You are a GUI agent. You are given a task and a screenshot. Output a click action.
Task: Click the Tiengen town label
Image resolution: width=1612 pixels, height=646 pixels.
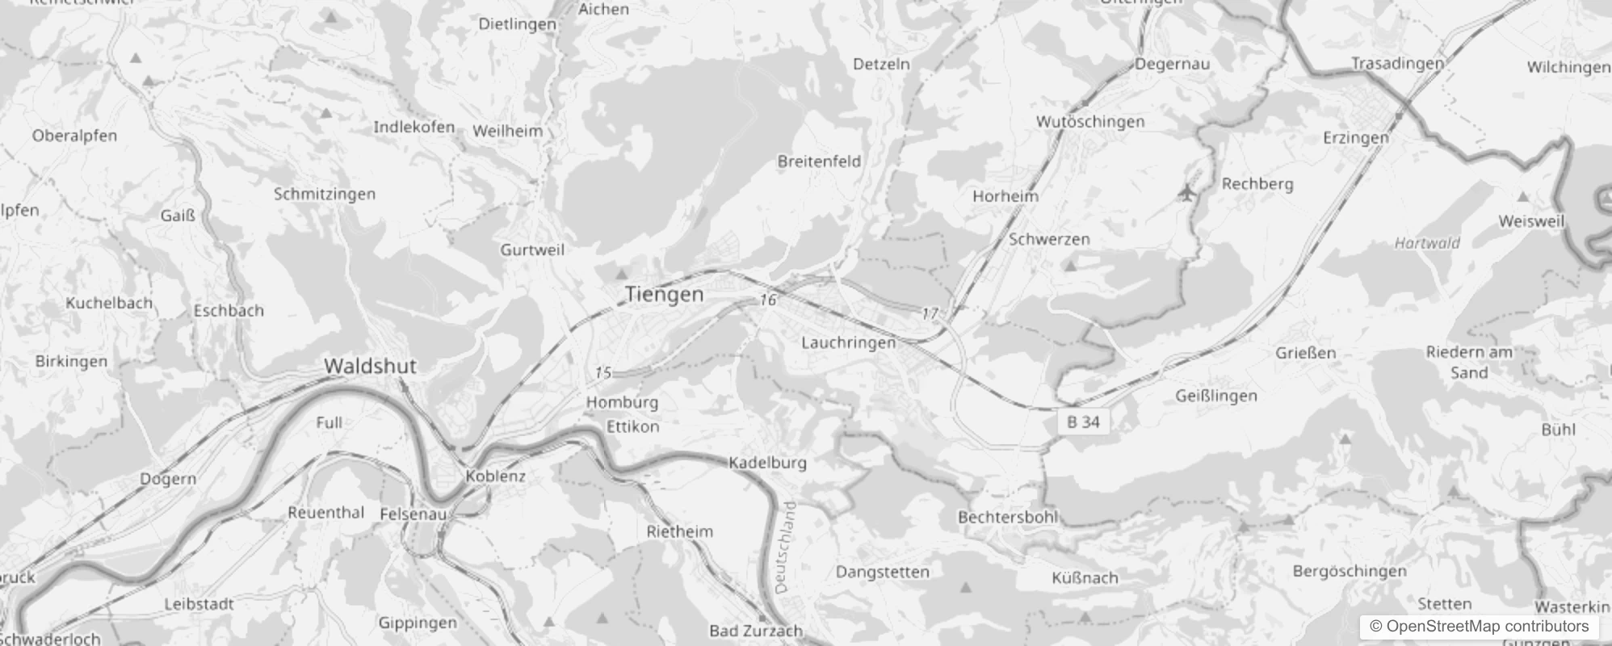pyautogui.click(x=664, y=295)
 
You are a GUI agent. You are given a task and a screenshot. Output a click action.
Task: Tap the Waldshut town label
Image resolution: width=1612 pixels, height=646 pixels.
pyautogui.click(x=370, y=366)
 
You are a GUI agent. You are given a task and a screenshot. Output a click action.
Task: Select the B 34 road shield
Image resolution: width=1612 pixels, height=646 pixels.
pyautogui.click(x=1083, y=422)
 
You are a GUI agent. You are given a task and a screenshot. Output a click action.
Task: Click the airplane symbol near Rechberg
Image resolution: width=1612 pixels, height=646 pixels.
pyautogui.click(x=1186, y=193)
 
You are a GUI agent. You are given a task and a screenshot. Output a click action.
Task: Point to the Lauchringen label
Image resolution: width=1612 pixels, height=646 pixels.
pyautogui.click(x=848, y=342)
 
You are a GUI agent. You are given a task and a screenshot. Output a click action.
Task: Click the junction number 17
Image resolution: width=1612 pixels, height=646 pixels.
pyautogui.click(x=930, y=313)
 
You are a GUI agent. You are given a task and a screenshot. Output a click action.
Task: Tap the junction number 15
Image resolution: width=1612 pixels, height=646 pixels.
pyautogui.click(x=603, y=372)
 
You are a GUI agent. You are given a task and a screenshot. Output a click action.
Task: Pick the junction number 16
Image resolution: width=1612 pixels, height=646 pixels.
pyautogui.click(x=767, y=300)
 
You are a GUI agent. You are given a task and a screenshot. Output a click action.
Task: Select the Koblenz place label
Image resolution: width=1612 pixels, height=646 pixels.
pyautogui.click(x=495, y=476)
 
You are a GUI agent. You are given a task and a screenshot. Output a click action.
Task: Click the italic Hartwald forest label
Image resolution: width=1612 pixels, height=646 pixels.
pyautogui.click(x=1427, y=242)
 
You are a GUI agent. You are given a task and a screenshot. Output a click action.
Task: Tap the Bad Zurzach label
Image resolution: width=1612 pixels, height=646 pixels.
pyautogui.click(x=755, y=631)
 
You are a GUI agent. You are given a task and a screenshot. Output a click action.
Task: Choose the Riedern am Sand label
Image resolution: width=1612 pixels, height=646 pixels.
pyautogui.click(x=1469, y=363)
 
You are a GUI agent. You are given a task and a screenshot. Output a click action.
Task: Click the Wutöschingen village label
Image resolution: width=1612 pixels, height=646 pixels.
pyautogui.click(x=1089, y=122)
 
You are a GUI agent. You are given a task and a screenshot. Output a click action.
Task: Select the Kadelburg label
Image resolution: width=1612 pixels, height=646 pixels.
pyautogui.click(x=767, y=463)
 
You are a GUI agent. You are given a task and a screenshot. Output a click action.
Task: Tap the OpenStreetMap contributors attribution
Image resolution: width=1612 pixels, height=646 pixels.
pyautogui.click(x=1479, y=627)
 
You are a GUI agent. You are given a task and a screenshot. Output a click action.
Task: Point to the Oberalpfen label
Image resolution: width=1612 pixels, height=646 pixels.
pyautogui.click(x=74, y=136)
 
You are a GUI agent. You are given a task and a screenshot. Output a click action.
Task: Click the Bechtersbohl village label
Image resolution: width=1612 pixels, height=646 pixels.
pyautogui.click(x=1007, y=517)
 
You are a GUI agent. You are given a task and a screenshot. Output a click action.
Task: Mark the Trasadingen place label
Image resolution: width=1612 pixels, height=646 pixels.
pyautogui.click(x=1397, y=64)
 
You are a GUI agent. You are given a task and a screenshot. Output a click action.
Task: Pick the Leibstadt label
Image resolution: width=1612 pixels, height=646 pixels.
pyautogui.click(x=199, y=604)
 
